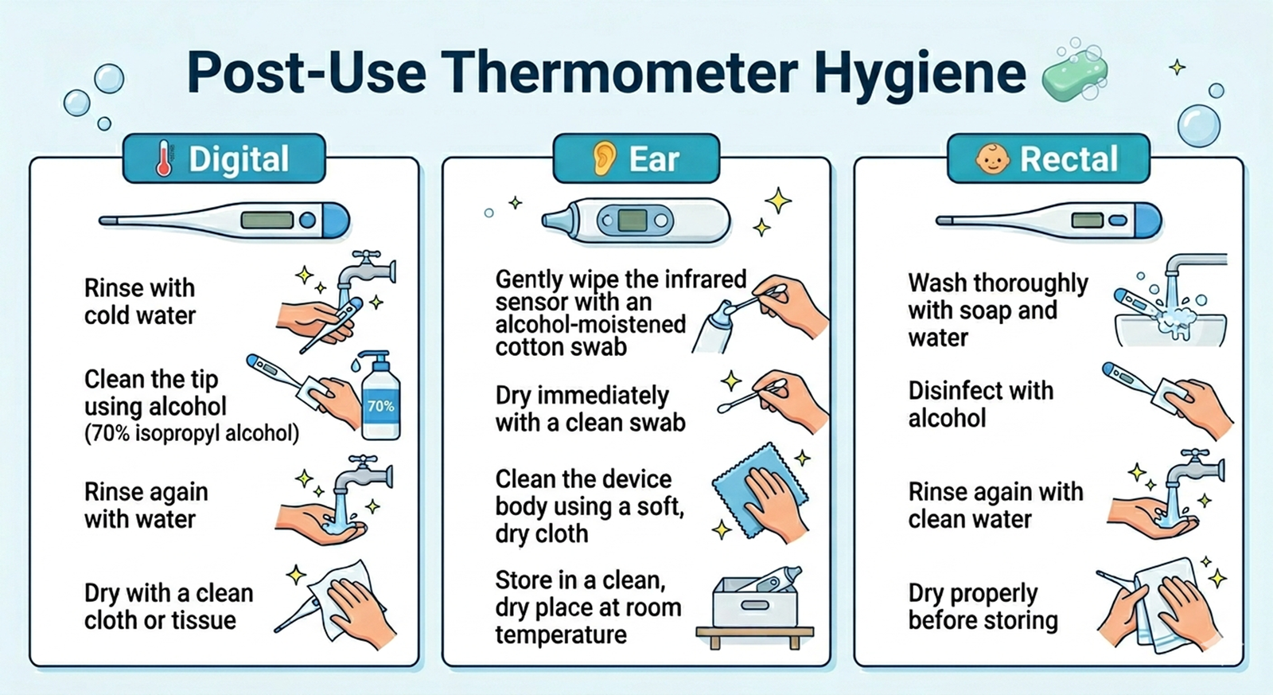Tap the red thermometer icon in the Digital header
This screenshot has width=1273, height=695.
164,158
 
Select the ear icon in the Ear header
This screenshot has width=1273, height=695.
605,158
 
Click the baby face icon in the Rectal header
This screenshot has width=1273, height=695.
992,159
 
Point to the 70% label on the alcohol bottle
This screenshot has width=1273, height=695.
380,406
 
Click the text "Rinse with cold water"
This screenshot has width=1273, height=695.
140,302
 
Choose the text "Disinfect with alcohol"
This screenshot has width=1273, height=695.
980,404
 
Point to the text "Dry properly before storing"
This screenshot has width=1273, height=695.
983,607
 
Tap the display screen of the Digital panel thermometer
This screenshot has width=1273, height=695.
267,220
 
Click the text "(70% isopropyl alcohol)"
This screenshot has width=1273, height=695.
192,434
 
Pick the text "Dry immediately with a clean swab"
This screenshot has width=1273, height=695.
590,409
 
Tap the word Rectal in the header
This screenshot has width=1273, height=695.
1069,159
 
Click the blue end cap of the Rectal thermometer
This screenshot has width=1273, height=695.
1148,221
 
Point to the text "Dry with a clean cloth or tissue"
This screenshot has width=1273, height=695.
169,607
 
